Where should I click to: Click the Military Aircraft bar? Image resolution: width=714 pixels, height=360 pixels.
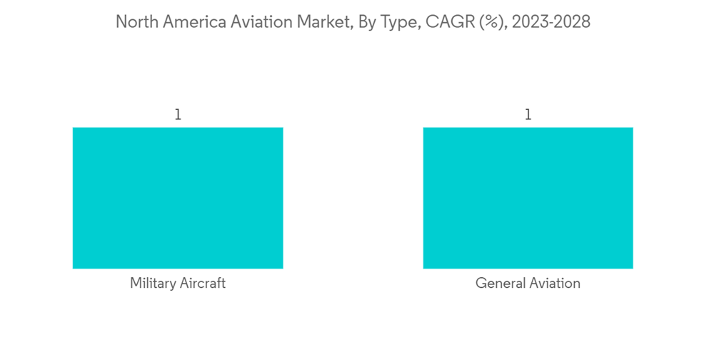tap(178, 198)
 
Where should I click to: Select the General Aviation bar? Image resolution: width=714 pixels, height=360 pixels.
tap(528, 198)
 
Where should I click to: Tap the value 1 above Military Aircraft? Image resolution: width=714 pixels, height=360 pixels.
tap(178, 114)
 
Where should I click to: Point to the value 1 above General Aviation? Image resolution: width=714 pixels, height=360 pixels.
tap(528, 114)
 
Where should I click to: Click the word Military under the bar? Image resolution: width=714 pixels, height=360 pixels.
tap(152, 284)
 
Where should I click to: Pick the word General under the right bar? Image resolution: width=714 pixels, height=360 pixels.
tap(499, 284)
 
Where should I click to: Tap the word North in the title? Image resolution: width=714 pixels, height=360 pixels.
tap(136, 22)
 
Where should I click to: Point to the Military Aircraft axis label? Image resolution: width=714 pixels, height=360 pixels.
tap(178, 284)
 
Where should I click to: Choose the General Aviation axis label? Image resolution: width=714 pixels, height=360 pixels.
tap(528, 284)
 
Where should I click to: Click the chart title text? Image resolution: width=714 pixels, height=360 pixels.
tap(353, 22)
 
